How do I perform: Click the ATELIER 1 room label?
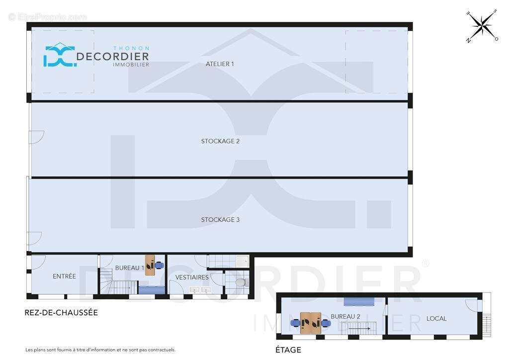tap(220, 64)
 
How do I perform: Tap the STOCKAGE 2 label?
tap(220, 141)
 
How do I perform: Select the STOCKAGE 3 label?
tap(220, 220)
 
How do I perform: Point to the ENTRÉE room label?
tap(64, 276)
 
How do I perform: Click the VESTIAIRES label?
tap(192, 277)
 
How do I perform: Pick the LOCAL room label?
tap(436, 318)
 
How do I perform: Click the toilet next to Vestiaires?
tap(241, 282)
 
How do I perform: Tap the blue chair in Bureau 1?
tap(159, 266)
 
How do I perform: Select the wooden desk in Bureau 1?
tap(150, 266)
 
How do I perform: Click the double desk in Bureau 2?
tap(311, 323)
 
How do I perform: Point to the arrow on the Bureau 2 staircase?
tap(359, 329)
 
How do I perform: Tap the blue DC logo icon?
tap(60, 55)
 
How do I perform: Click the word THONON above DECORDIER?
tap(131, 48)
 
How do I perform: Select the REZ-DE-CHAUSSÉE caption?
tap(61, 313)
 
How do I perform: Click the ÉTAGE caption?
tap(288, 350)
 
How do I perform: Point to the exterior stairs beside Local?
tap(487, 326)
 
